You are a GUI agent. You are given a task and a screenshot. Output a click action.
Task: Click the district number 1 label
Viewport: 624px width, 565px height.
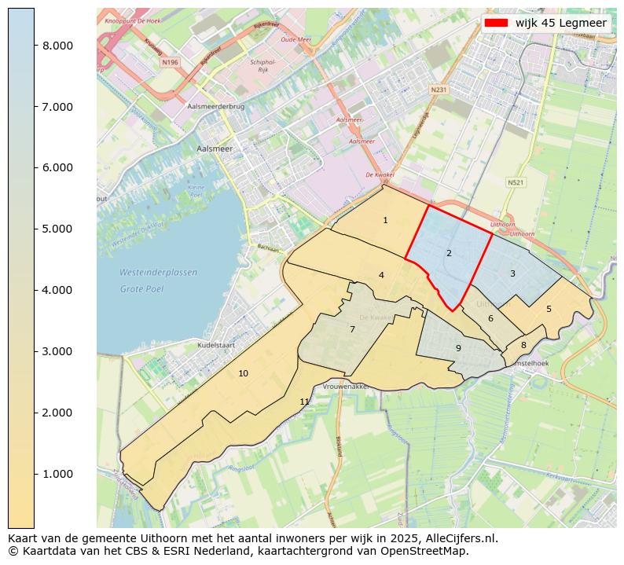(385, 221)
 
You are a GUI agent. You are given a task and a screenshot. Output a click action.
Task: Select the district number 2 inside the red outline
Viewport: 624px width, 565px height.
(449, 254)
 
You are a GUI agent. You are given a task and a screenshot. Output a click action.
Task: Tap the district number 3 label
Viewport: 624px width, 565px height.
(512, 274)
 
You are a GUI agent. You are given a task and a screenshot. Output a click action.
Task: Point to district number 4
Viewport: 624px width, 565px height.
(381, 276)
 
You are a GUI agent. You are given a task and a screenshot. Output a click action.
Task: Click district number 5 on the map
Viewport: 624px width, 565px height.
(549, 310)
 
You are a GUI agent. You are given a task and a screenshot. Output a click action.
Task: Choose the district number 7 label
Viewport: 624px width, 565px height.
(352, 330)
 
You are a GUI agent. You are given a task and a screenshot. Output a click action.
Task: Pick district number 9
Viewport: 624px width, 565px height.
(458, 349)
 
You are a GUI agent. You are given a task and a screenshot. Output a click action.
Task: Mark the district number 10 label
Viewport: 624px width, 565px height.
(243, 373)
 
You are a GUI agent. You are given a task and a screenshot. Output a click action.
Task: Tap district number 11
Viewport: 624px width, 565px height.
(304, 402)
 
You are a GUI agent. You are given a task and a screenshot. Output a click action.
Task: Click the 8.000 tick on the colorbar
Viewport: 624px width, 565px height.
(57, 46)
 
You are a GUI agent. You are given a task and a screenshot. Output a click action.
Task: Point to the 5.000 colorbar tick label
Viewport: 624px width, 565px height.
(57, 229)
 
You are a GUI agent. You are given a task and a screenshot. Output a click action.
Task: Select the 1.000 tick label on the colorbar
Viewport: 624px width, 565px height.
(57, 474)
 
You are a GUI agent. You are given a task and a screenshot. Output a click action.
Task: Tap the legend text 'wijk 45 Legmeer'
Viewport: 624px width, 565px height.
(560, 23)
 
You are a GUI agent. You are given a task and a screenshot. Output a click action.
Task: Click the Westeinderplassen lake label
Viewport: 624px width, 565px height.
(158, 273)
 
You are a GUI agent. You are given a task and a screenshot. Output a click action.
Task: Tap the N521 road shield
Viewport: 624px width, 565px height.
(516, 182)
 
